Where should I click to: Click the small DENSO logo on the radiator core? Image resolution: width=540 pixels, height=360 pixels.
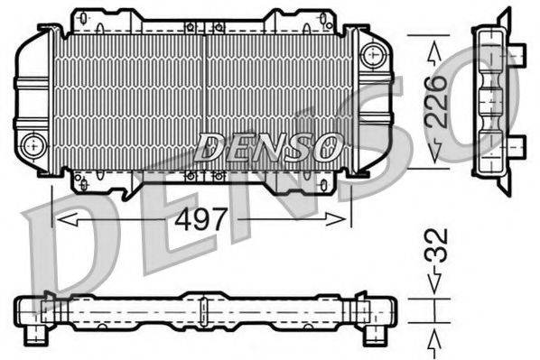click(269, 143)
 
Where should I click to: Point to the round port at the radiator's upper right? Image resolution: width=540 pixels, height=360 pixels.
click(369, 55)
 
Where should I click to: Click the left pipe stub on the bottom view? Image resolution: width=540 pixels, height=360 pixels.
click(39, 335)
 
